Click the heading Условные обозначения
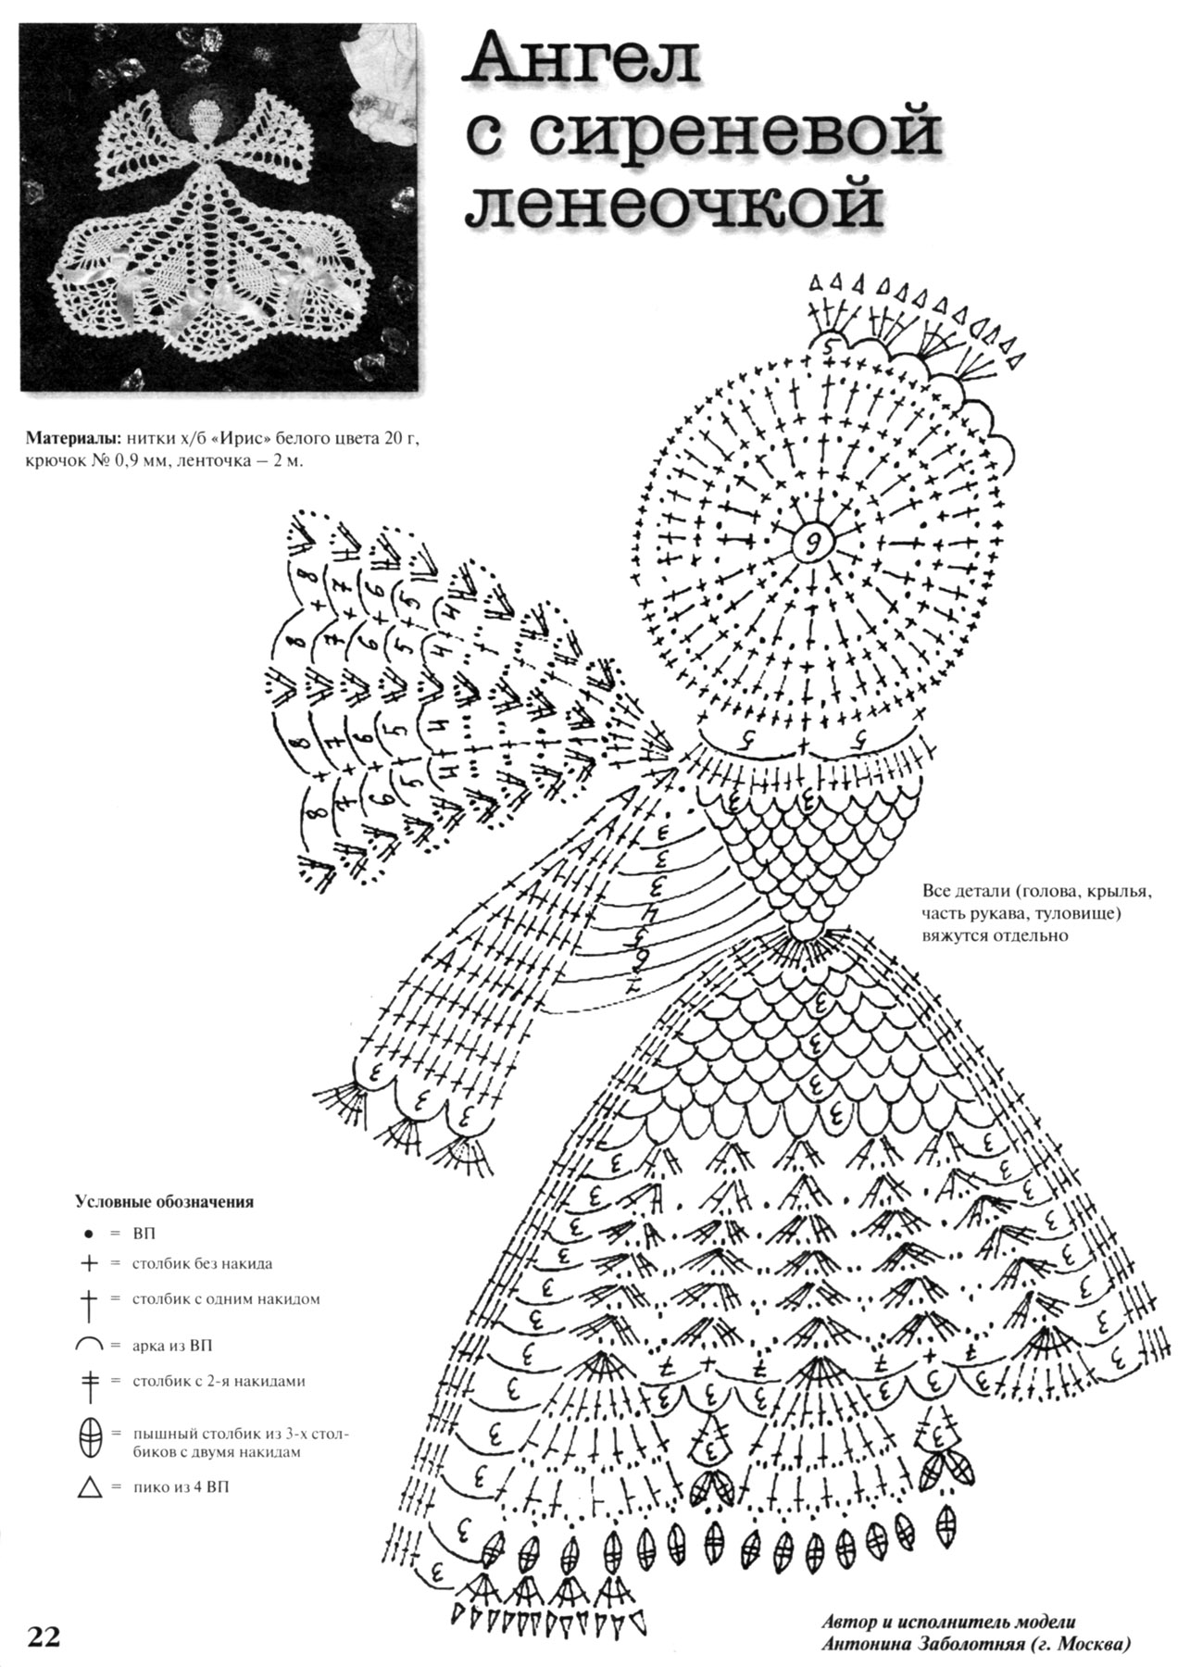(x=164, y=1203)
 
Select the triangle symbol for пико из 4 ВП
(x=90, y=1489)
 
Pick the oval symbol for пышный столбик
(x=90, y=1438)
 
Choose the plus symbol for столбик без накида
(x=89, y=1263)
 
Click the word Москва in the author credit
(x=1091, y=1645)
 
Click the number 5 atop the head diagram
(x=827, y=344)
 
